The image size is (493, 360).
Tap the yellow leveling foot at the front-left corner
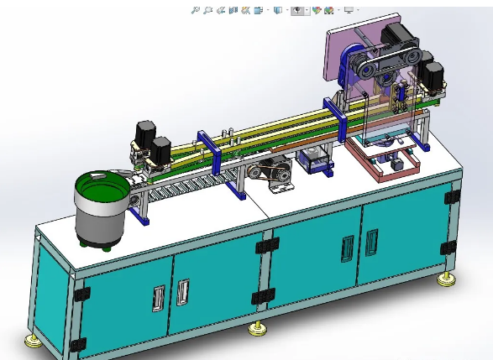(33, 341)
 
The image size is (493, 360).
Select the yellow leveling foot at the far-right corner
(443, 280)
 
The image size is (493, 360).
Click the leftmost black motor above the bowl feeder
(144, 134)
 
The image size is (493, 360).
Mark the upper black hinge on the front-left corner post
(81, 295)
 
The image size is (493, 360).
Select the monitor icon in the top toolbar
(349, 10)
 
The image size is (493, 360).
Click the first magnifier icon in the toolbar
(195, 10)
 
